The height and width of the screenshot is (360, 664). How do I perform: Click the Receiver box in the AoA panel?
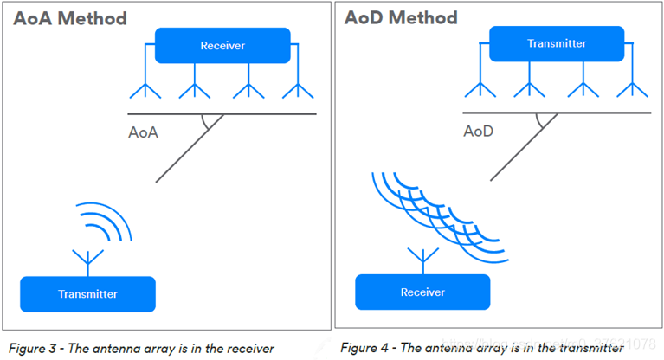coord(222,45)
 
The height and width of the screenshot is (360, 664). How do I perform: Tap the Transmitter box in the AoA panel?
coord(87,293)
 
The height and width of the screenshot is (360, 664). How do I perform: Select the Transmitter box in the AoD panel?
coord(557,43)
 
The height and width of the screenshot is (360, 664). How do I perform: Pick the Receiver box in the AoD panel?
coord(422,292)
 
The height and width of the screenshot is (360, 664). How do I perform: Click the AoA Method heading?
coord(69,18)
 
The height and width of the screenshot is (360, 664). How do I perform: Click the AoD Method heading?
coord(400,17)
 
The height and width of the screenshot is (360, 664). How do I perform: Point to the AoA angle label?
coord(143,133)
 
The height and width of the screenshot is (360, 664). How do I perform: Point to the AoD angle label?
coord(478,132)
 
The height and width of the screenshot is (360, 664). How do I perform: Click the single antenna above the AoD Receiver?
coord(422,257)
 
